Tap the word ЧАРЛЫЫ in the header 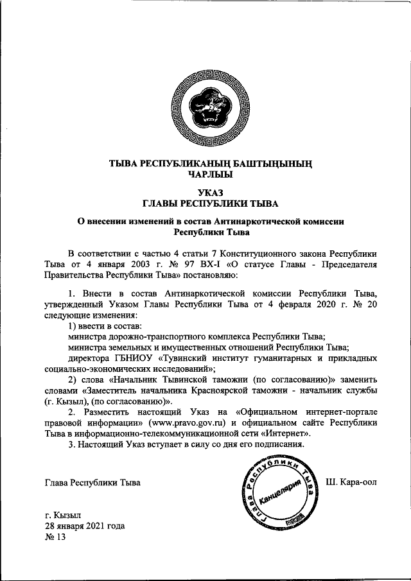tap(210, 173)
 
